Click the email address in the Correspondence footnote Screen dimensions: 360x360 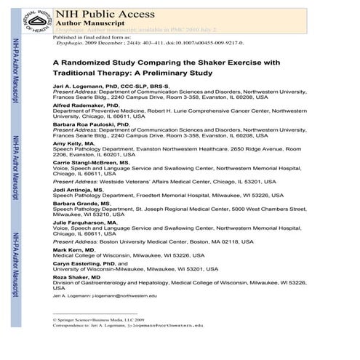tap(167, 325)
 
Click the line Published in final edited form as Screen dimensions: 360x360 tap(88, 36)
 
